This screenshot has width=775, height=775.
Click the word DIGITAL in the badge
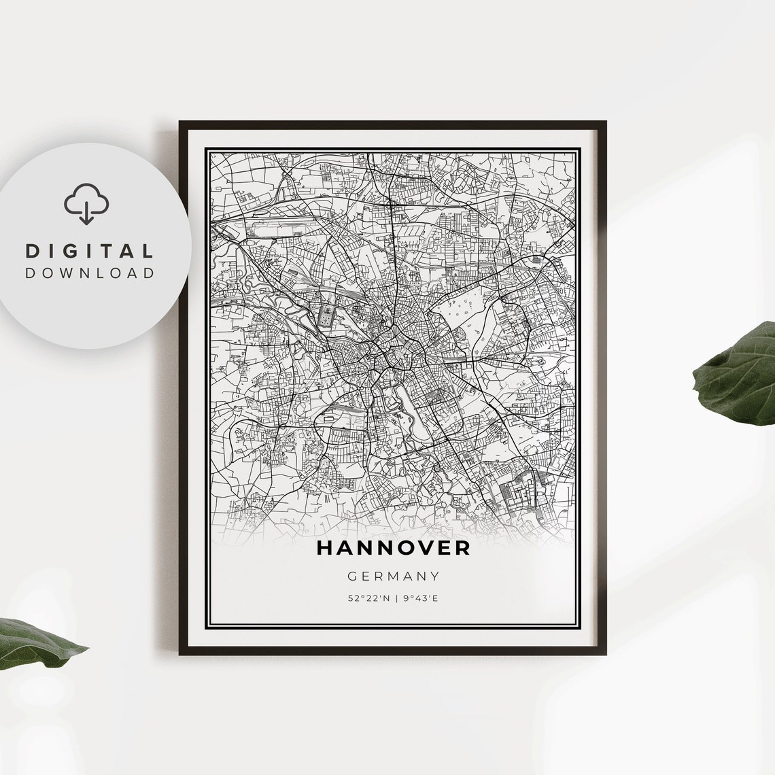[90, 251]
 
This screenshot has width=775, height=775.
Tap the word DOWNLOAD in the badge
[90, 273]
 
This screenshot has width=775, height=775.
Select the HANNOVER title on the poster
[393, 548]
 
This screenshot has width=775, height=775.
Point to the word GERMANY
[394, 576]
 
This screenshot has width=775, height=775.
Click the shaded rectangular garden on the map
[327, 315]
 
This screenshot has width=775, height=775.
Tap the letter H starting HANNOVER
[324, 548]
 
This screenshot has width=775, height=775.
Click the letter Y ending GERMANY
[435, 576]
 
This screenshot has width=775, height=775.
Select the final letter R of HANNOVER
[462, 548]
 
